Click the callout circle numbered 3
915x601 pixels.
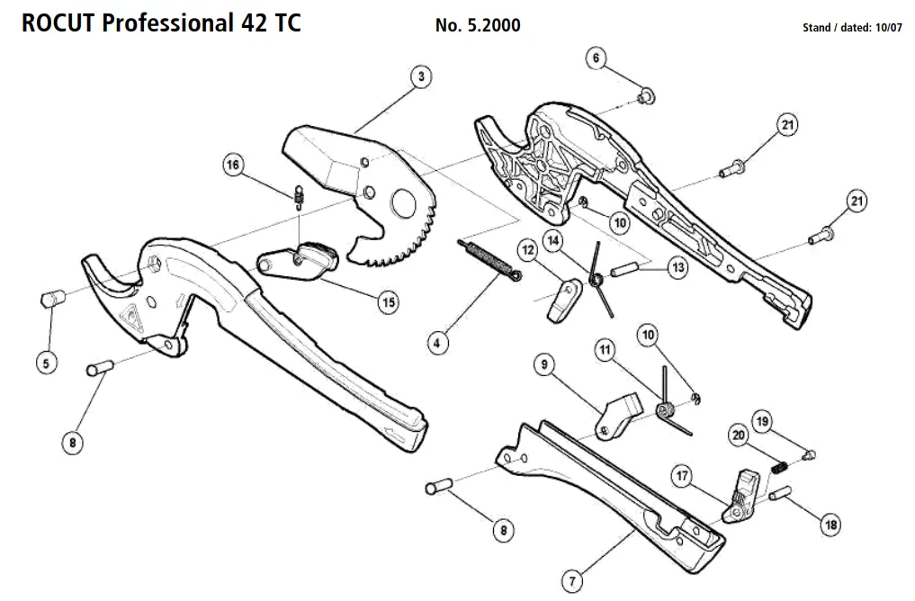click(420, 76)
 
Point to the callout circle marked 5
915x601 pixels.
click(46, 363)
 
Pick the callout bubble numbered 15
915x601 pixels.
click(387, 302)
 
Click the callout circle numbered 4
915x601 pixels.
click(437, 342)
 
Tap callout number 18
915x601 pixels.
click(830, 525)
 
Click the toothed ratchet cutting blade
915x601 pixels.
click(396, 216)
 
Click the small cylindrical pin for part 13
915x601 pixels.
click(624, 269)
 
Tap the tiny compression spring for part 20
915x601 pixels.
click(781, 467)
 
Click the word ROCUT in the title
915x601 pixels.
click(58, 22)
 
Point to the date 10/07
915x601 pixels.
click(886, 28)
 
